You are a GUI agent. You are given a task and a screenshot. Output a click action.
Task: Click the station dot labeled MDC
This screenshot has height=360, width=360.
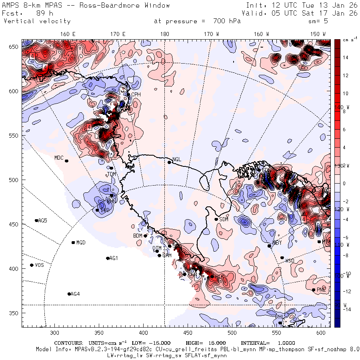coord(66,161)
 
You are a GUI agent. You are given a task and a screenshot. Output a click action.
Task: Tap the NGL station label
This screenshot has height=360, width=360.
coord(177,159)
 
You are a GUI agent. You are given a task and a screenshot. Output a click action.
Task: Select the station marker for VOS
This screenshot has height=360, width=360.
coord(32,265)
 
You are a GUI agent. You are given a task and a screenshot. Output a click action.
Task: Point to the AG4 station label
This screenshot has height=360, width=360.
coord(75,294)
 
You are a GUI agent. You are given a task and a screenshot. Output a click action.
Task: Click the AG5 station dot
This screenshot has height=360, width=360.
coord(36,220)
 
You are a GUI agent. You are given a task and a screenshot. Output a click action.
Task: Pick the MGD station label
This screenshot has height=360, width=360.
coord(81,242)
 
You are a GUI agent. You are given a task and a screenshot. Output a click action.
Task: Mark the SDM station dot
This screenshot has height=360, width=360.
coord(216,219)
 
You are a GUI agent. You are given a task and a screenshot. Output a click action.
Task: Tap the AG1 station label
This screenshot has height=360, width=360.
coord(114,258)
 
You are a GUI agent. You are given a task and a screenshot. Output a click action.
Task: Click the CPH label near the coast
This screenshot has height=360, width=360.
coord(136,94)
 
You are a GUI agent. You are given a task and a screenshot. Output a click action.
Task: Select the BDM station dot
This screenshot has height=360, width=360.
coord(145,236)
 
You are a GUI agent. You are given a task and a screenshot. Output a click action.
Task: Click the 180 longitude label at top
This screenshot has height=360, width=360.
coord(164,34)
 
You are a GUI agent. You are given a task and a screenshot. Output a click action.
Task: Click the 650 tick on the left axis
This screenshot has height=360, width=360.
coord(14,47)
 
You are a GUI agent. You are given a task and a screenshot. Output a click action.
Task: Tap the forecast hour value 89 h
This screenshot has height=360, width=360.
coord(42,13)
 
